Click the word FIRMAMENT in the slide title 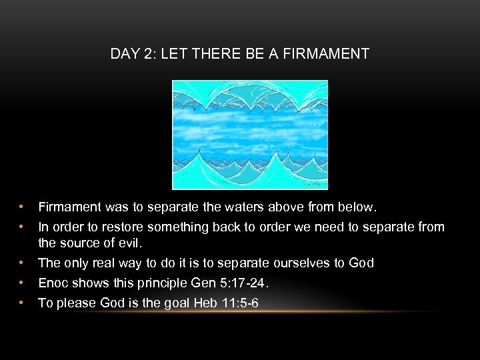(326, 54)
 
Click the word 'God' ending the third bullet (361, 263)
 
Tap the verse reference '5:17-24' (245, 283)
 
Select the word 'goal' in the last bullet (175, 303)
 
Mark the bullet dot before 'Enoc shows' (22, 283)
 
